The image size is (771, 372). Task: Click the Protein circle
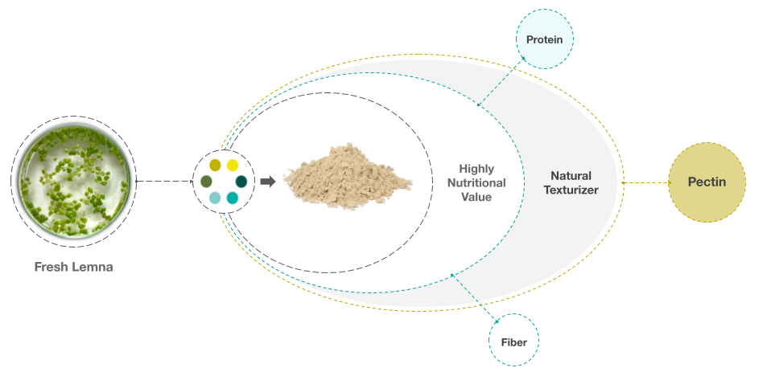click(x=544, y=39)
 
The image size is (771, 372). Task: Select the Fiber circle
click(x=513, y=340)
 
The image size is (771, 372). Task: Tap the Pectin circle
click(x=707, y=182)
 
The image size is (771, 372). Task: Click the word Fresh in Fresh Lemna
click(x=52, y=267)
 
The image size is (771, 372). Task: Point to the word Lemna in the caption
click(x=93, y=267)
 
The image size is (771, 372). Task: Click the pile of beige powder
click(x=348, y=176)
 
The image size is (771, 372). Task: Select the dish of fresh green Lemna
click(x=74, y=181)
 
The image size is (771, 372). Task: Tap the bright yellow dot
click(x=232, y=166)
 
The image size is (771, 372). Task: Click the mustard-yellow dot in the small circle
click(x=215, y=166)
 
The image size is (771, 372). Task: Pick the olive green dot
click(x=207, y=182)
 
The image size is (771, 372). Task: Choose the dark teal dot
click(x=241, y=182)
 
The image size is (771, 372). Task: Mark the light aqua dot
click(x=215, y=198)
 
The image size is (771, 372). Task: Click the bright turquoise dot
click(x=232, y=198)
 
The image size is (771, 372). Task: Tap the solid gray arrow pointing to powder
click(x=268, y=182)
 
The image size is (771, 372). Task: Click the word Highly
click(x=476, y=169)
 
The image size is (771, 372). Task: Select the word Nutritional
click(x=476, y=183)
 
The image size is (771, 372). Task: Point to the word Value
click(x=476, y=197)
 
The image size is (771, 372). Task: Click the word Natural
click(x=571, y=176)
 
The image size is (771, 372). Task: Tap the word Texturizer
click(x=571, y=190)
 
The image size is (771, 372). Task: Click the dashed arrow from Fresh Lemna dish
click(x=165, y=182)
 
